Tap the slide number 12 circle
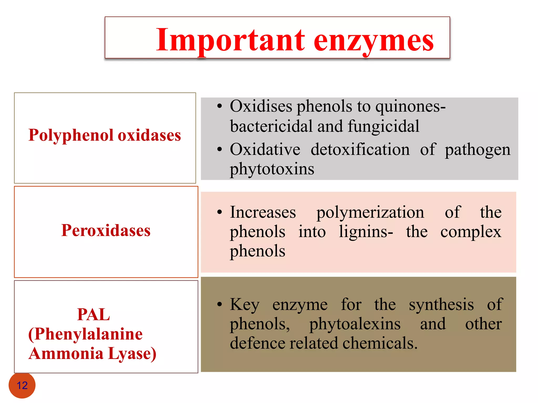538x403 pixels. tap(22, 385)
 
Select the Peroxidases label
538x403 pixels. tap(106, 230)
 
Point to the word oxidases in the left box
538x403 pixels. tap(149, 135)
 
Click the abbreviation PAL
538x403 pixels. tap(94, 314)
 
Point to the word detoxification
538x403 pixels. tap(360, 150)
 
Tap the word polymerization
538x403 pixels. tap(370, 213)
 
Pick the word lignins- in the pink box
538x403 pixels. tap(366, 232)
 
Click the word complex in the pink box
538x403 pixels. tap(471, 232)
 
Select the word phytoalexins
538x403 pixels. tap(355, 324)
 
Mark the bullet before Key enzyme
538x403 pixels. tap(220, 305)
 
